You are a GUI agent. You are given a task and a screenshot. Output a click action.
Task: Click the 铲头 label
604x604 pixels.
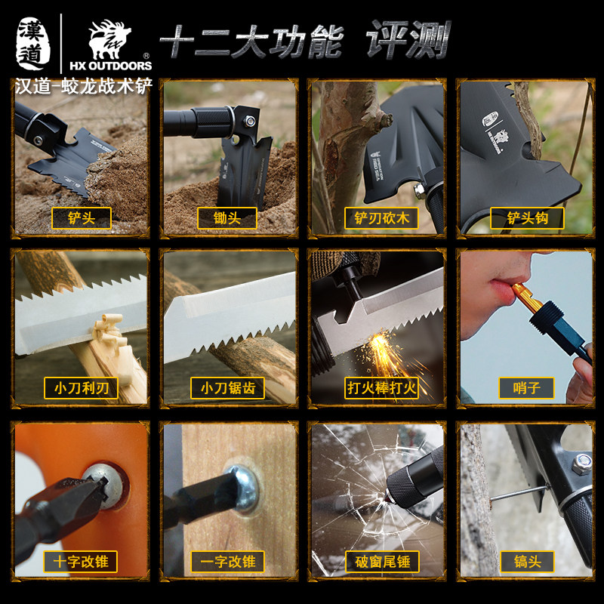[81, 218]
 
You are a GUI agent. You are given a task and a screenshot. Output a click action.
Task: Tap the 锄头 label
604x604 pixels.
[227, 218]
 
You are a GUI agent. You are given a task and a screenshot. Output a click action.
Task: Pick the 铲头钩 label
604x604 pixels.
[527, 218]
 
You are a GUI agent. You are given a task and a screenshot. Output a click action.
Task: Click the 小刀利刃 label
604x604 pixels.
[81, 388]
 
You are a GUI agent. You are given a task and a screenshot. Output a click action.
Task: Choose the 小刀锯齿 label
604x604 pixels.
[227, 388]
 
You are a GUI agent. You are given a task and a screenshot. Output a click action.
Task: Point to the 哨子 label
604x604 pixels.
[527, 388]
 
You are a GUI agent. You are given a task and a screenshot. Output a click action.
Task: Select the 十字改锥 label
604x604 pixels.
[81, 561]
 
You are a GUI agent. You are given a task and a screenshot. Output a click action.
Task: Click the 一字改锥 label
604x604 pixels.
[227, 561]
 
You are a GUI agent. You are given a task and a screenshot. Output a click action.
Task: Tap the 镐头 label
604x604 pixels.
[527, 561]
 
